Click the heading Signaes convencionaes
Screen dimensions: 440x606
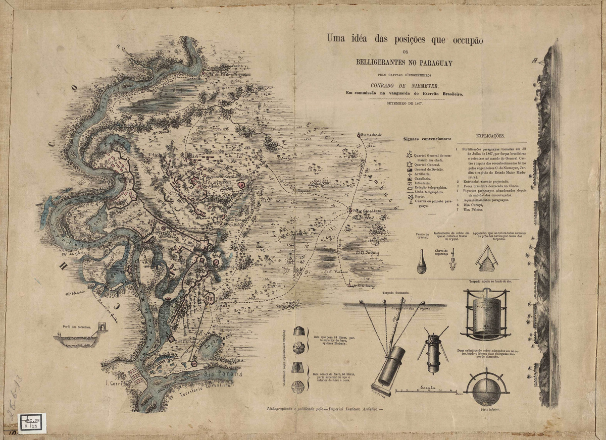tap(427, 139)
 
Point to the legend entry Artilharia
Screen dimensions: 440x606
tap(423, 174)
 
